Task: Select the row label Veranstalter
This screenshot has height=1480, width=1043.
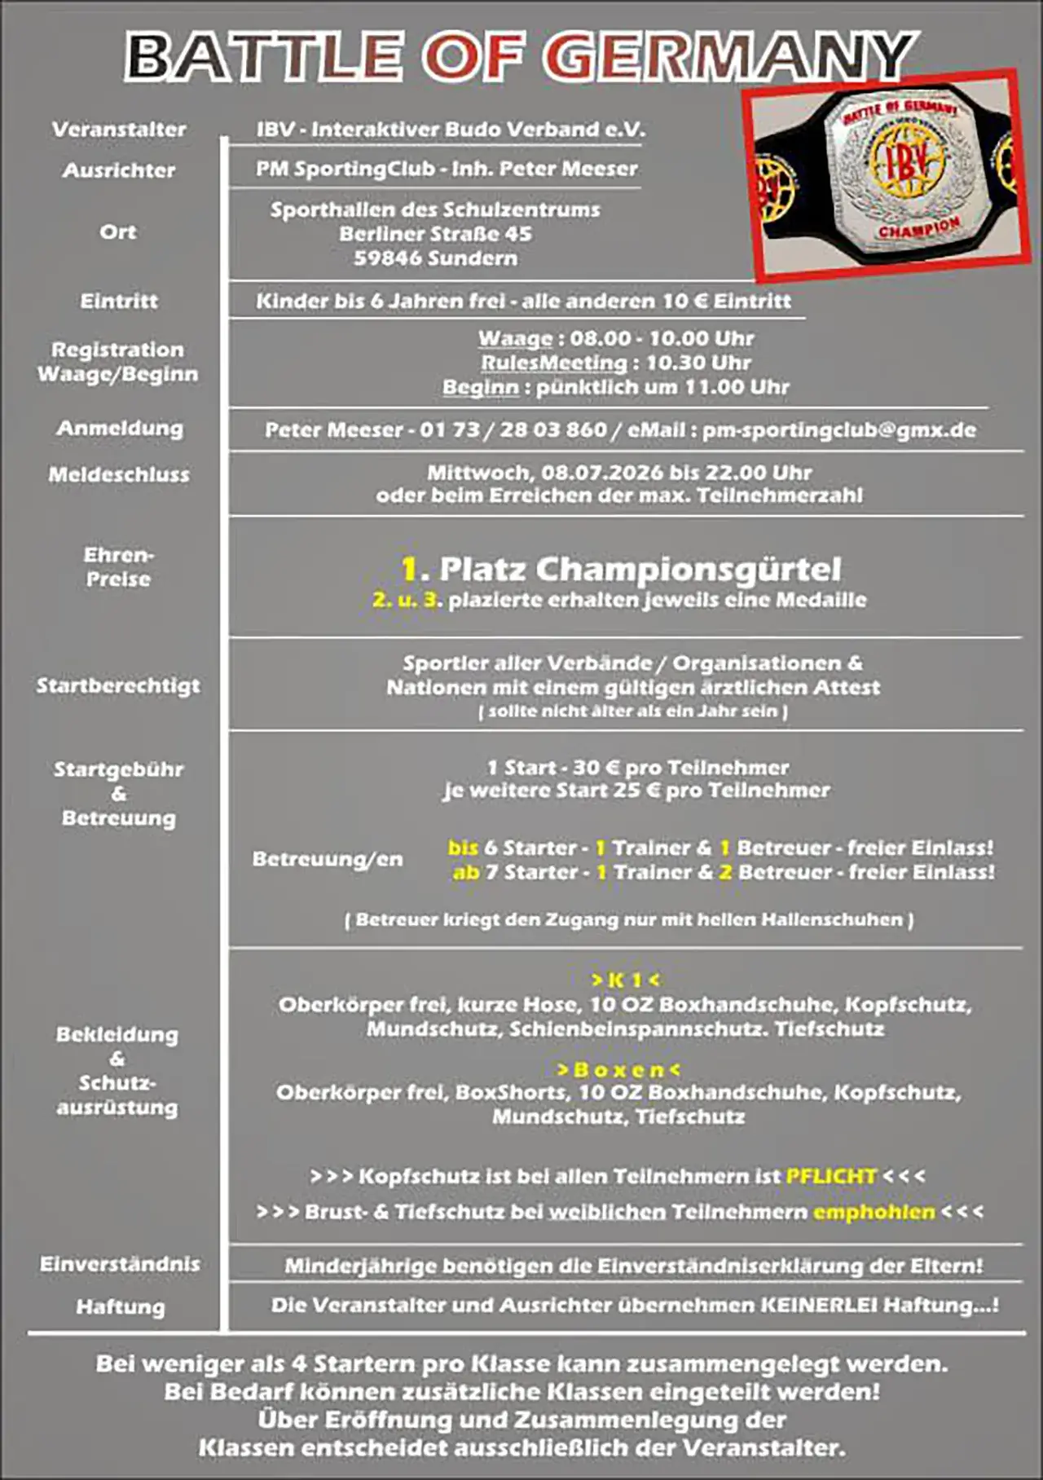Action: point(119,130)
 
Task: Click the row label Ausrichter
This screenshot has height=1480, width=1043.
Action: point(119,170)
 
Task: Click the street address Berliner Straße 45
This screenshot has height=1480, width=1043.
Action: point(436,234)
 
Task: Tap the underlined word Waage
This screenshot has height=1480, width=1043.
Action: point(515,338)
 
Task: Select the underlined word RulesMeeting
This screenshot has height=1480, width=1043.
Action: point(554,363)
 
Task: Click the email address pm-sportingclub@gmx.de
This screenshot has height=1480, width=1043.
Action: point(839,429)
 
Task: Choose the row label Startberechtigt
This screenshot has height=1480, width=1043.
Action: point(118,685)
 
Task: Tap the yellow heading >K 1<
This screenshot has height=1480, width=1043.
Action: point(626,980)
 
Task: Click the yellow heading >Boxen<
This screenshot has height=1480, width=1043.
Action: point(618,1069)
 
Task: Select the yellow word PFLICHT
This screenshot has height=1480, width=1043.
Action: point(831,1176)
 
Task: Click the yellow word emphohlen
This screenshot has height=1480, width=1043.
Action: point(874,1212)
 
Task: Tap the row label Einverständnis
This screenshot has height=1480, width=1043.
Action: point(120,1264)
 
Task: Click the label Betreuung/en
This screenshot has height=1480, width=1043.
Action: point(328,859)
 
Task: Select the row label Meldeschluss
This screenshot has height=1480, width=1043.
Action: point(119,474)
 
